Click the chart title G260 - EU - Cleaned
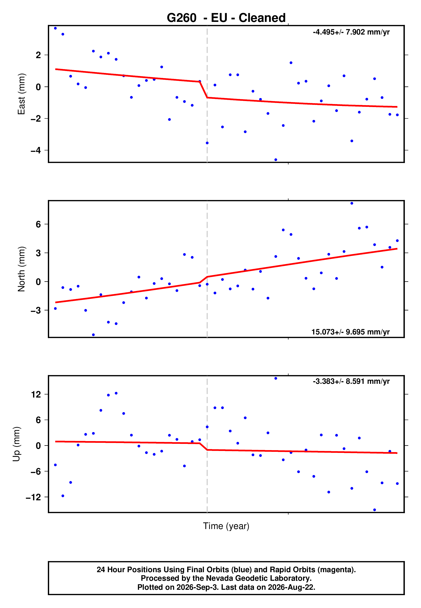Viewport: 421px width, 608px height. [x=226, y=18]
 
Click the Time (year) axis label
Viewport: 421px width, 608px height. [x=226, y=526]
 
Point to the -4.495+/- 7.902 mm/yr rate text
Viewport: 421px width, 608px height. [x=351, y=32]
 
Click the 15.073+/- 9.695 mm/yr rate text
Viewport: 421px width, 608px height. [x=351, y=332]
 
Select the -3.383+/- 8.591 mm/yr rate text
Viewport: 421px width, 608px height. [x=351, y=381]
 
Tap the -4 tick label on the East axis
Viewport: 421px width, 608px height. [x=36, y=150]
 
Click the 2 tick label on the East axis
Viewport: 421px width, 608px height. [x=38, y=55]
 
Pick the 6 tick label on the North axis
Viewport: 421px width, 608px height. [x=38, y=224]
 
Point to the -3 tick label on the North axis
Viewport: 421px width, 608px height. [x=36, y=310]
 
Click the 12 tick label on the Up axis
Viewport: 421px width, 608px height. [x=36, y=395]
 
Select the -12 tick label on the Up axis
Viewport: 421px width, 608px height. [x=33, y=497]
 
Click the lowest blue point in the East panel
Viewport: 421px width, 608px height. [x=276, y=160]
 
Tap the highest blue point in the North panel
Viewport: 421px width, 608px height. [x=352, y=203]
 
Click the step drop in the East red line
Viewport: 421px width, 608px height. [x=203, y=90]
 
